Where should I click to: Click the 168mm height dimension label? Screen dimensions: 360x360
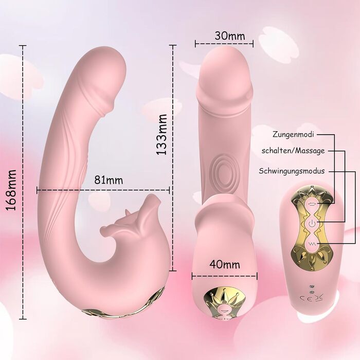coord(11,190)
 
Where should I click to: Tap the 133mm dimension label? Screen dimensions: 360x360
coord(161,134)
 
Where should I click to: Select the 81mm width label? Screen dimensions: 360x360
coord(109,180)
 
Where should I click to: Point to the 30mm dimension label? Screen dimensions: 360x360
coord(230,35)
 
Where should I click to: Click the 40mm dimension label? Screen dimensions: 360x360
coord(225,264)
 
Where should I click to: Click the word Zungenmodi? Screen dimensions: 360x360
coord(293,134)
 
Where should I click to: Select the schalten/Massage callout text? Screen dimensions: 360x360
coord(293,151)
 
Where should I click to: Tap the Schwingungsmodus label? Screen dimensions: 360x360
coord(292,171)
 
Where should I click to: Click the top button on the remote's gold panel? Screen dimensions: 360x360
coord(312,204)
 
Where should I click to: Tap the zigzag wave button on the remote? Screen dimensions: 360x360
coord(312,243)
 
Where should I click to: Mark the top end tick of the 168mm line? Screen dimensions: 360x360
coord(23,46)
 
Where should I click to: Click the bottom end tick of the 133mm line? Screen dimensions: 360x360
coord(173,271)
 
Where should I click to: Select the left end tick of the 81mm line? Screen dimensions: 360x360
coord(37,190)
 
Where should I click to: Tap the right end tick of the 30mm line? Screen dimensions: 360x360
coord(253,44)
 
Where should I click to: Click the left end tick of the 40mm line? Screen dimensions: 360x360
coord(192,276)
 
